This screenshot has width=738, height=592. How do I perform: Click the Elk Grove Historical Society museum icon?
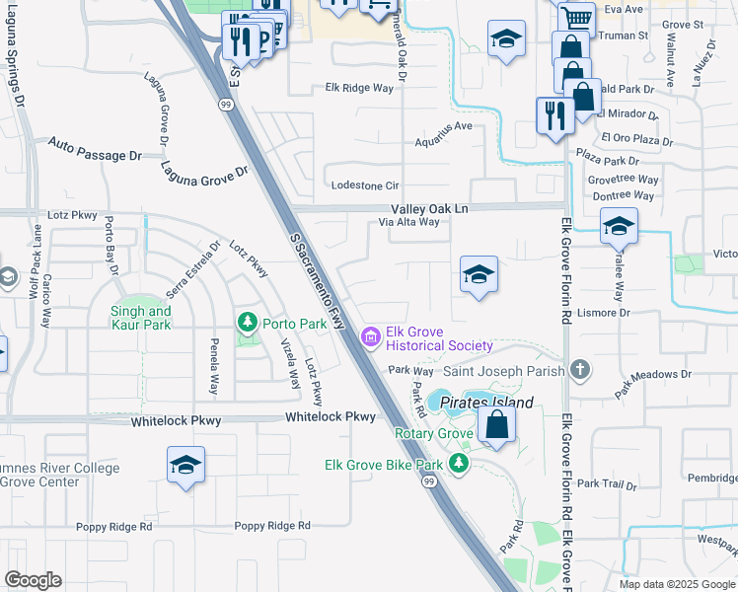[x=371, y=338]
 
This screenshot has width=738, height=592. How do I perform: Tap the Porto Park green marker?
[x=247, y=323]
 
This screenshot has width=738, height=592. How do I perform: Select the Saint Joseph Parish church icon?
[x=581, y=371]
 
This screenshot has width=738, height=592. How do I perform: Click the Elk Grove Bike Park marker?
[x=458, y=464]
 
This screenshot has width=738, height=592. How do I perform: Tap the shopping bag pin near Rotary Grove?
[x=497, y=426]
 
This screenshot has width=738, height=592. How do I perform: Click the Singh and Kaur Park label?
[x=141, y=318]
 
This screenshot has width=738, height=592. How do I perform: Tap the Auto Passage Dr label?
[x=96, y=149]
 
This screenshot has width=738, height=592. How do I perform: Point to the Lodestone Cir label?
[x=365, y=185]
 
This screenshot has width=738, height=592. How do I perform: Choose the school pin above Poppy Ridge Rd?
[x=185, y=466]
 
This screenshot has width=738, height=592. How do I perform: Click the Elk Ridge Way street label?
[x=359, y=88]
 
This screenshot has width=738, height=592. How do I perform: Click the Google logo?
[x=33, y=580]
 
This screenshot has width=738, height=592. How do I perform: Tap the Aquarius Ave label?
[x=443, y=126]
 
